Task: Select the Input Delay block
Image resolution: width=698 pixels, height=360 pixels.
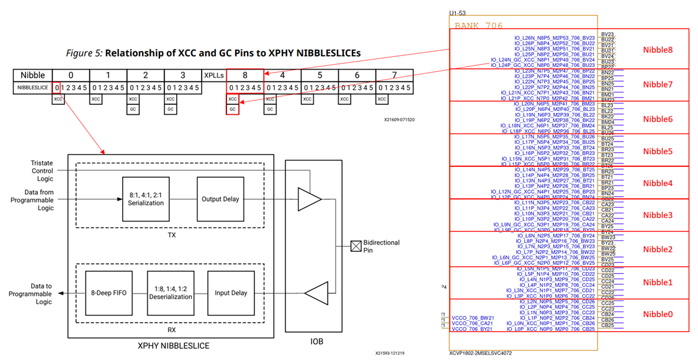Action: pos(231,293)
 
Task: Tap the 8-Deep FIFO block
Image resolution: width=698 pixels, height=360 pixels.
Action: pos(109,293)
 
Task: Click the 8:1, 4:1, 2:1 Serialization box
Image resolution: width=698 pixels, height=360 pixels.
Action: pos(145,199)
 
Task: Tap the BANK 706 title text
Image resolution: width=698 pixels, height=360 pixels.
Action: pos(479,25)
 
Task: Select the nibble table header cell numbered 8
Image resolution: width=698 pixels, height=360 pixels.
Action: pos(244,75)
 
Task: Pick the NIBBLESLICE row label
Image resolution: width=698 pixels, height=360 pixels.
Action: pos(32,88)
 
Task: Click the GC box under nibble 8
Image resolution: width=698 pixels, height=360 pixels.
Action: pos(233,109)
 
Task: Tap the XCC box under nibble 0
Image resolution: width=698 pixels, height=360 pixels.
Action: pos(58,99)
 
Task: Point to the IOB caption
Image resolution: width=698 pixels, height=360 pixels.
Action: pos(316,341)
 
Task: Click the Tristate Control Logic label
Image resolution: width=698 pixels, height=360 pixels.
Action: pos(42,170)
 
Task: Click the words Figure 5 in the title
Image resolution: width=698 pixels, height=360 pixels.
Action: pos(83,53)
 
